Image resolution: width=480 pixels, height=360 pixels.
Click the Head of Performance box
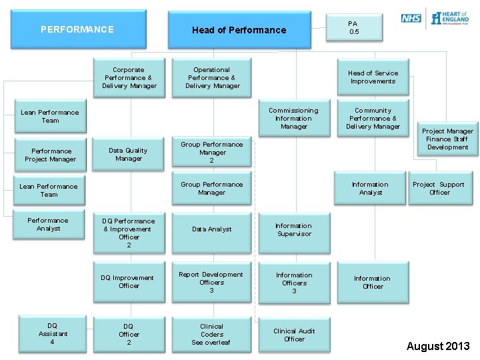pos(239,30)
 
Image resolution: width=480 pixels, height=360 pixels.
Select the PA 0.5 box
pos(353,28)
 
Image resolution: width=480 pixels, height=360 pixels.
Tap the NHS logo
pos(411,18)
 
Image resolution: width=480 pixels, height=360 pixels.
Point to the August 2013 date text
pos(438,346)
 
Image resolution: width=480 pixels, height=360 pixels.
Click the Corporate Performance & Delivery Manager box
pos(129,78)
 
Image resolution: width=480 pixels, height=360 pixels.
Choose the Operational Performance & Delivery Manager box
pos(212,78)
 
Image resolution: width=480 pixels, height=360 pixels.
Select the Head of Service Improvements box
pos(373,77)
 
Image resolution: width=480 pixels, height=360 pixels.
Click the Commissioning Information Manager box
pos(293,119)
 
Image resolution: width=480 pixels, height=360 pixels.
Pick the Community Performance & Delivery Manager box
pos(373,119)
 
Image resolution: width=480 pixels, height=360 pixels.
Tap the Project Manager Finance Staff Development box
pos(447,139)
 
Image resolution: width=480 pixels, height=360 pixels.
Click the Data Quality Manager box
pos(129,155)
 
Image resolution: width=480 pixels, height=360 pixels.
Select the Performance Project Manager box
pos(51,155)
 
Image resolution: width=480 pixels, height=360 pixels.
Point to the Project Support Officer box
pos(439,189)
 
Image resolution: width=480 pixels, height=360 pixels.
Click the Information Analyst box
pos(370,189)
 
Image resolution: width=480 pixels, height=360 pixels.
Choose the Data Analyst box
pos(212,229)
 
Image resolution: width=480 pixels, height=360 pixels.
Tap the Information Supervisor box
pos(293,230)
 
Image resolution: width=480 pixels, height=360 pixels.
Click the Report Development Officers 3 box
pos(212,282)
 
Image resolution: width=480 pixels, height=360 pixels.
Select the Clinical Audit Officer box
pos(294,335)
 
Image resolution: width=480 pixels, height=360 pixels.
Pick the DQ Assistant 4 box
pos(53,334)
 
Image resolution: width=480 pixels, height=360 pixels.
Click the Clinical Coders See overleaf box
pos(212,335)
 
